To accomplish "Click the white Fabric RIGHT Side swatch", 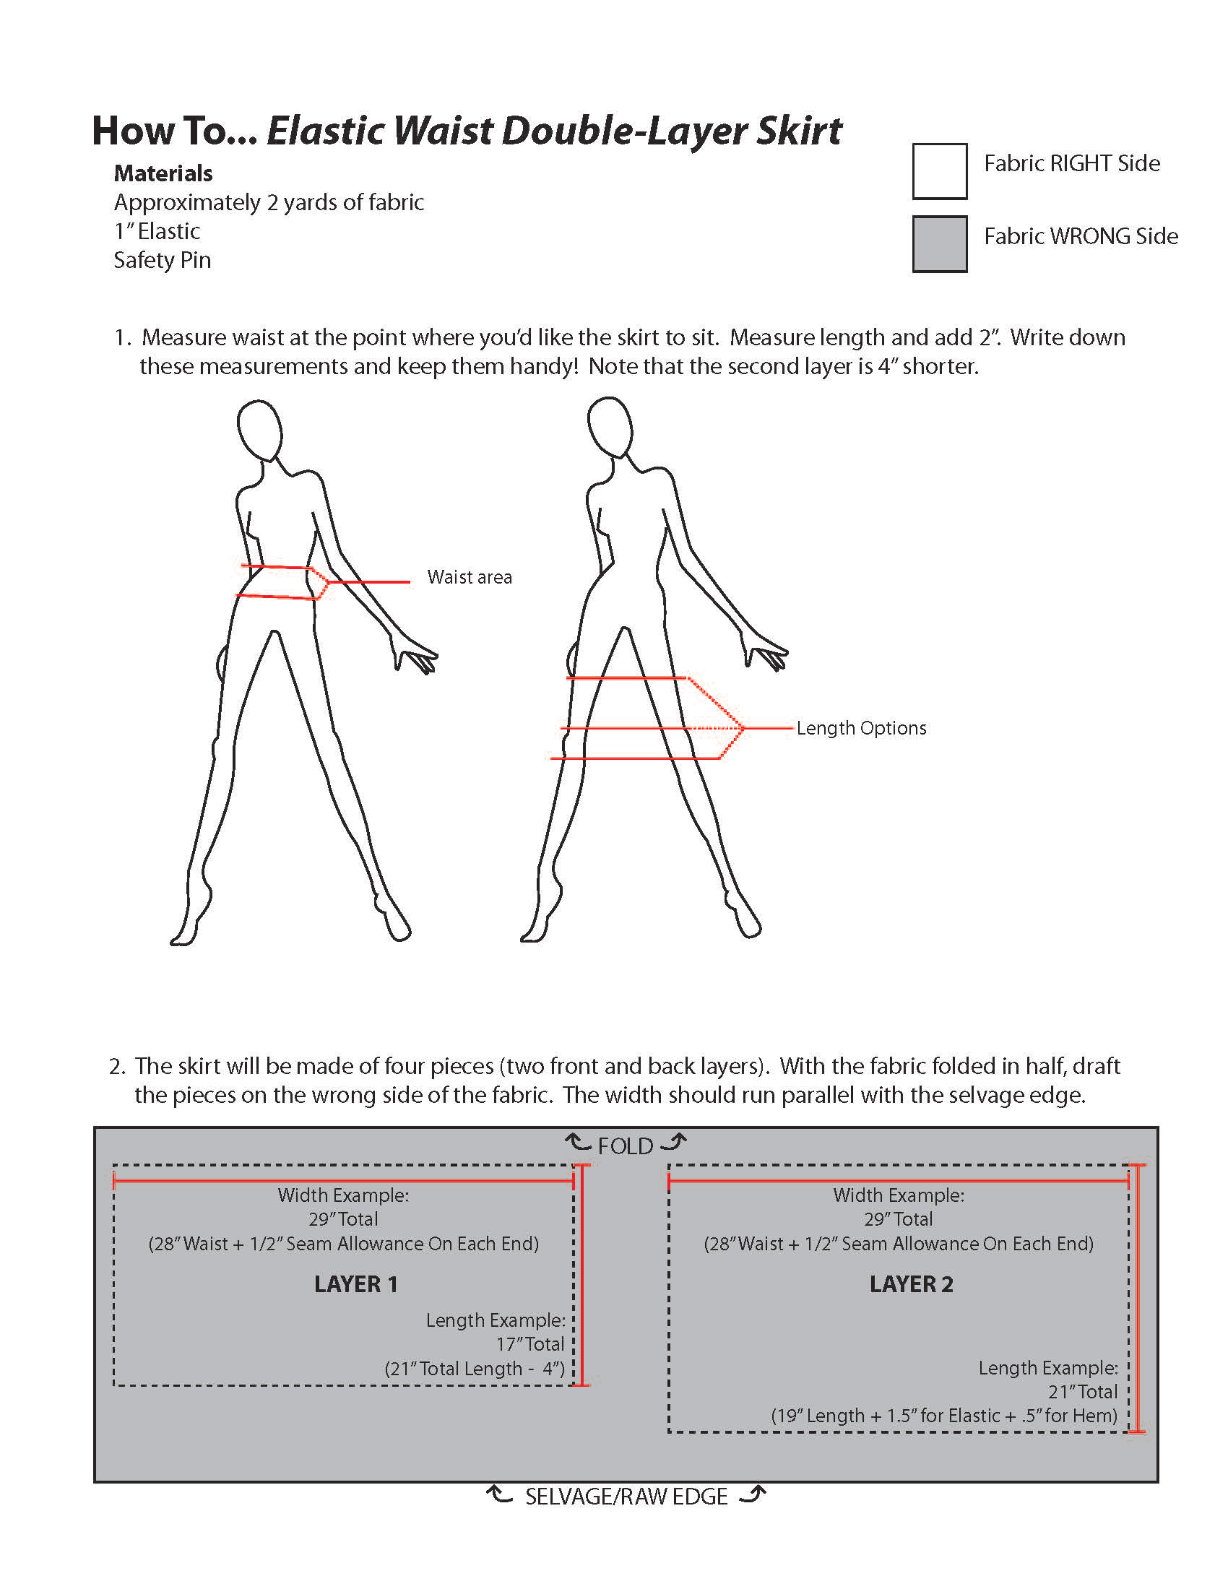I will click(939, 172).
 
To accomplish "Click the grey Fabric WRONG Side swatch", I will click(939, 243).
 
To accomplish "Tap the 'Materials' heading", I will click(163, 173).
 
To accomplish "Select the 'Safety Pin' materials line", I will click(163, 260).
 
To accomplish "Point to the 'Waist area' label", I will click(470, 577).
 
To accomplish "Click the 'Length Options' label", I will click(861, 728).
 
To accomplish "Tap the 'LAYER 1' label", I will click(355, 1284).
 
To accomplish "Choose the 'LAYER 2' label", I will click(911, 1284).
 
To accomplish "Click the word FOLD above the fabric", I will click(625, 1147).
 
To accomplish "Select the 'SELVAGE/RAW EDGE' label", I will click(626, 1497).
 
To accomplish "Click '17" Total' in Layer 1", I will click(529, 1344).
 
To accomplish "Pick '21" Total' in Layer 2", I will click(1083, 1392).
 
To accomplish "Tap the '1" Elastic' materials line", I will click(157, 231).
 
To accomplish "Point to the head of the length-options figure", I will click(610, 426).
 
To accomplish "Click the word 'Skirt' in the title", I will click(798, 131).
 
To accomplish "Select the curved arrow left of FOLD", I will click(579, 1143).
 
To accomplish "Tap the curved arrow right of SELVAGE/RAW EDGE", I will click(752, 1494).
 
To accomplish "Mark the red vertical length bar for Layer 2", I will click(1137, 1299).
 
